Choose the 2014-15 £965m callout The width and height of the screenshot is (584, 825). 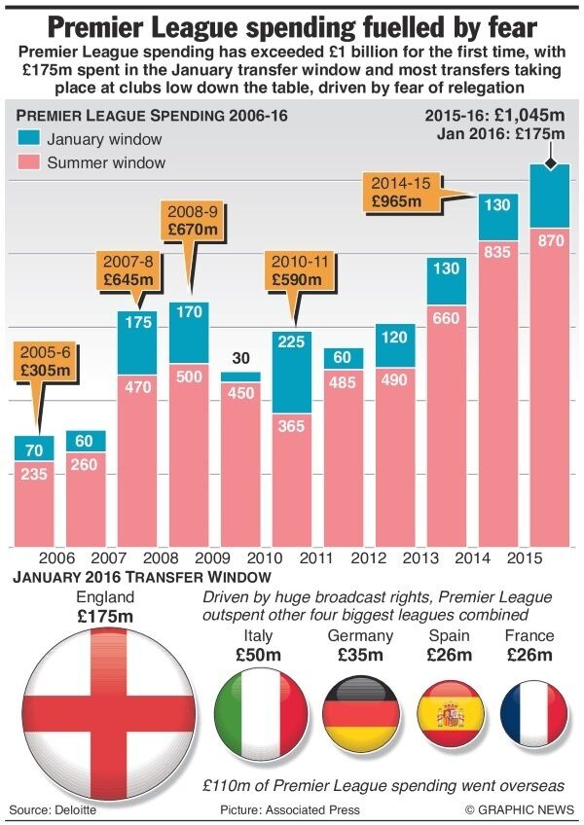click(x=399, y=193)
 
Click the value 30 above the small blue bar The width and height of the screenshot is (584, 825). click(x=240, y=358)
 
